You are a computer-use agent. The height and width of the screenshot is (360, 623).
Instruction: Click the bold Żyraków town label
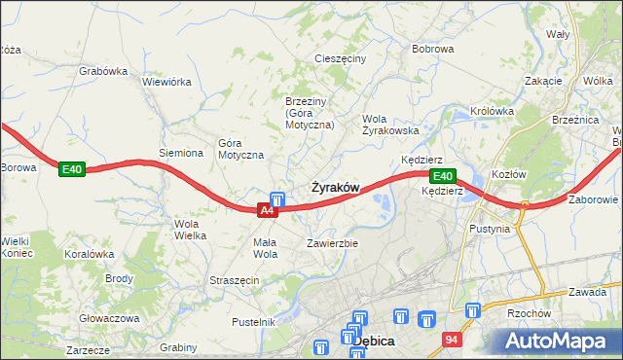pos(336,187)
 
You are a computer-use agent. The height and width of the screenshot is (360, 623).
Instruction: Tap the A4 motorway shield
pos(268,209)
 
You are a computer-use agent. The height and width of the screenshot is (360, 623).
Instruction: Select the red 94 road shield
pos(451,340)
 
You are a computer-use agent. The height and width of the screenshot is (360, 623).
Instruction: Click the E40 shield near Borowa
pos(71,169)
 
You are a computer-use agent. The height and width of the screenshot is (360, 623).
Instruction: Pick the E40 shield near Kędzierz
pos(442,176)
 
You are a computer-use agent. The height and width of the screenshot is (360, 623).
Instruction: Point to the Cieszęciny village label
pos(340,58)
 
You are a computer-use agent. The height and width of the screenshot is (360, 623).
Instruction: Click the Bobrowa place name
pos(433,48)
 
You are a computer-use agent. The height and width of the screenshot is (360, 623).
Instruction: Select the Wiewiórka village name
pos(166,82)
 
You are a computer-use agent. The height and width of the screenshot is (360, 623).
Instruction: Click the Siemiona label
pos(181,153)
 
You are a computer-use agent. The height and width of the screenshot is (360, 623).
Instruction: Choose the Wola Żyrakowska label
pos(390,125)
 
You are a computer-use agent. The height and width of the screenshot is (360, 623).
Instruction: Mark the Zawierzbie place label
pos(333,242)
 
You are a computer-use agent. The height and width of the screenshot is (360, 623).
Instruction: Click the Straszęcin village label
pos(234,280)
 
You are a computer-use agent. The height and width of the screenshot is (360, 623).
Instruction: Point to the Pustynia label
pos(489,230)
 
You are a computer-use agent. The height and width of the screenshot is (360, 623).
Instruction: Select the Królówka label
pos(492,111)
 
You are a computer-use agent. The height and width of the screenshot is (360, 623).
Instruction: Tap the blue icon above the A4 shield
pos(276,198)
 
